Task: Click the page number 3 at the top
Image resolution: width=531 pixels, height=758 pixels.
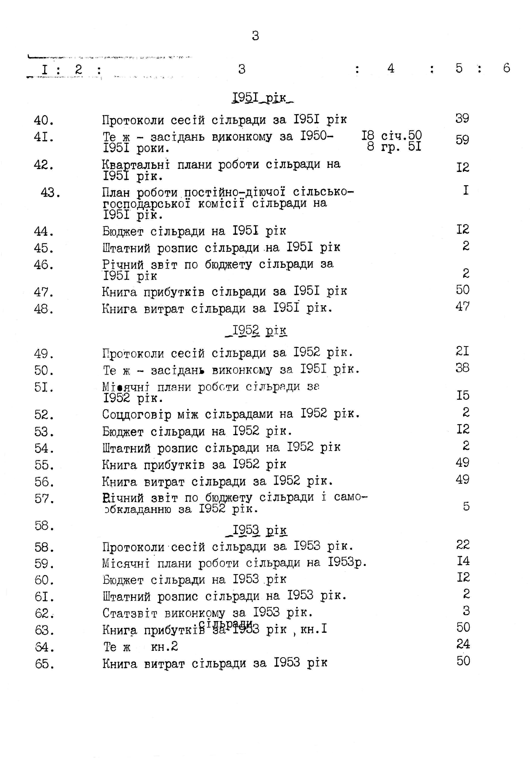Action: click(255, 36)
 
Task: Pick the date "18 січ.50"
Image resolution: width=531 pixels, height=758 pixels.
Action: click(391, 135)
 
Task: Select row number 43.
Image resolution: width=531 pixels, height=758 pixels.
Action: click(50, 193)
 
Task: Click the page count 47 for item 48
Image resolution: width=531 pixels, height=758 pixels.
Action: click(462, 307)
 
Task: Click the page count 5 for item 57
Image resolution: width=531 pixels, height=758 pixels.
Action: click(466, 506)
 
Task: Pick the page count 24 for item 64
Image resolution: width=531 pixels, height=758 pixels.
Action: click(463, 644)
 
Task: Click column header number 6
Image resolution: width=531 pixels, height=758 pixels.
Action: click(506, 68)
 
